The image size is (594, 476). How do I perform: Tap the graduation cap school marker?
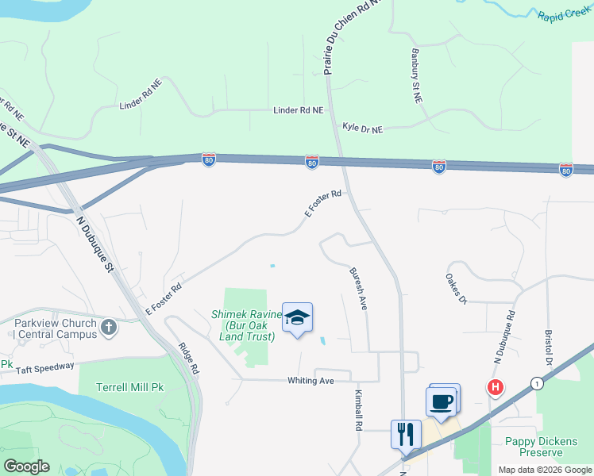tap(298, 319)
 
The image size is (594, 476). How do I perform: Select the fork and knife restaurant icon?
tap(406, 434)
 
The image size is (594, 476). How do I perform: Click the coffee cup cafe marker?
tap(442, 401)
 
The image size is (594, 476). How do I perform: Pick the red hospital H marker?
tap(496, 388)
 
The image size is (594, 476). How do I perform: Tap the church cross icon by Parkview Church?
tap(109, 326)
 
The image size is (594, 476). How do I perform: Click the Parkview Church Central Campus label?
tap(54, 328)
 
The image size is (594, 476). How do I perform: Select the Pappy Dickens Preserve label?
tap(545, 446)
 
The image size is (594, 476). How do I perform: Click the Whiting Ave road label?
tap(310, 381)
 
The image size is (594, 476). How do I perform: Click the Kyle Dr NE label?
tap(362, 128)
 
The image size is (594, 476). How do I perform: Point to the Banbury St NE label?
tap(415, 76)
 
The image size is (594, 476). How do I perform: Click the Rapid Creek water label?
tap(565, 17)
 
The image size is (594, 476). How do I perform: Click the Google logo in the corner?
tap(26, 466)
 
